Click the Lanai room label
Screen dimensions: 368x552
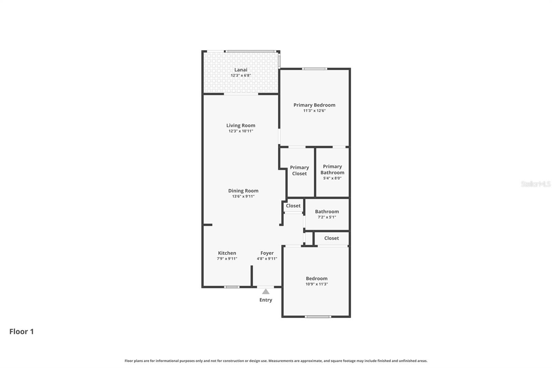(241, 70)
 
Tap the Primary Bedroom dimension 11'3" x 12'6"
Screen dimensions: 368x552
(314, 111)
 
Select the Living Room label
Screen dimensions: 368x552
(241, 125)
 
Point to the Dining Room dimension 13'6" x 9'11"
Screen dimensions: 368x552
(243, 196)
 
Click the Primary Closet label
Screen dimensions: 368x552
(299, 171)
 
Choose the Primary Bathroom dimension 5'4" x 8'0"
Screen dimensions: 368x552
(332, 178)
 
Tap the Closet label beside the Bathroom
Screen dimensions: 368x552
(293, 206)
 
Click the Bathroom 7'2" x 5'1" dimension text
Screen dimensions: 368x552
(327, 217)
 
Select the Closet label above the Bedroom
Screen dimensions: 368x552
(332, 238)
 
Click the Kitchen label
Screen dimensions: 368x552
(227, 253)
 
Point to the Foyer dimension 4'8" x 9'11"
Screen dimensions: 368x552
(267, 259)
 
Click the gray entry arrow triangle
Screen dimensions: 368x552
(266, 292)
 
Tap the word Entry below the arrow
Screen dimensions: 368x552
(266, 300)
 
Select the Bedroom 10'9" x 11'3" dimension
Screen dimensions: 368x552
(316, 284)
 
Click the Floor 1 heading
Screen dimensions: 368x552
(21, 331)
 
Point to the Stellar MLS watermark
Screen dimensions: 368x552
(535, 184)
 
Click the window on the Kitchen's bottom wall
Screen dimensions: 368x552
(231, 287)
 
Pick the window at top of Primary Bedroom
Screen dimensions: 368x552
(315, 69)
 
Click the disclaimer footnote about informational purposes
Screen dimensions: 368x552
(276, 361)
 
